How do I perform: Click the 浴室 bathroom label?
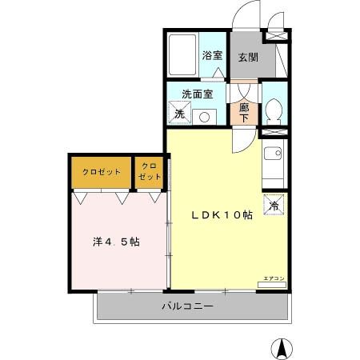point(212,56)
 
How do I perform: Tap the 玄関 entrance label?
point(247,58)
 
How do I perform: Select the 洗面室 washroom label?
point(197,94)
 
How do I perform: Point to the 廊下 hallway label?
point(244,112)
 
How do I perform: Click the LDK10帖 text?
point(221,215)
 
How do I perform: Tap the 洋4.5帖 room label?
point(116,241)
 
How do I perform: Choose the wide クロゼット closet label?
point(100,172)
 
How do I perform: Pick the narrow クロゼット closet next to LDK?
point(150,172)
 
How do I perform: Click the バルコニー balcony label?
point(187,306)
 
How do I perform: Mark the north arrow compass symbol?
point(282,348)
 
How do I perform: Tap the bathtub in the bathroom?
point(183,54)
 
